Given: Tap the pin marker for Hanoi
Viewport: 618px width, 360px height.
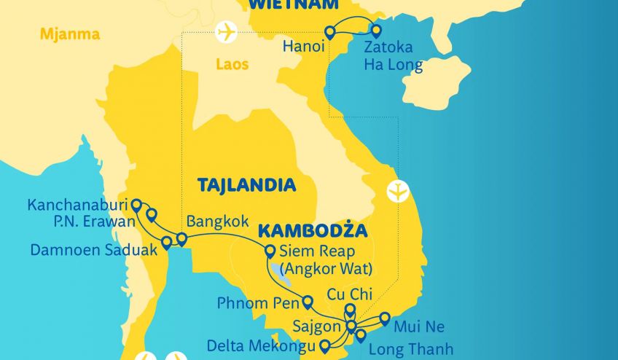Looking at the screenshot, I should [x=329, y=32].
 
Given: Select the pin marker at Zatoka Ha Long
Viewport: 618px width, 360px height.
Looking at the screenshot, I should [x=376, y=31].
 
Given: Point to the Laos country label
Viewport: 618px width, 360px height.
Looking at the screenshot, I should [x=232, y=64].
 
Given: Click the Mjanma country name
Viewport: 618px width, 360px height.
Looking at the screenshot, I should [x=70, y=34].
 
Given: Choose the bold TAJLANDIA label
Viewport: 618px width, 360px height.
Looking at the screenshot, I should [x=246, y=185].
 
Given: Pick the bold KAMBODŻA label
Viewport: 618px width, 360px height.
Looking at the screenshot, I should [x=312, y=231].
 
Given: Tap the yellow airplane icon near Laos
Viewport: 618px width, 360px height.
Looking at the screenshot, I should [x=227, y=33].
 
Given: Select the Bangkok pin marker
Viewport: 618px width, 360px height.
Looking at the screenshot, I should [x=181, y=239].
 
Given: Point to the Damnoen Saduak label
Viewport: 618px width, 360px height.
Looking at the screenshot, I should [x=93, y=250].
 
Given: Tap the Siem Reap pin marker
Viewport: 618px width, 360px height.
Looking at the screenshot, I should [x=270, y=252].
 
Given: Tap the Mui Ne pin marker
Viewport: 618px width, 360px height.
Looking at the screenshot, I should [x=384, y=319].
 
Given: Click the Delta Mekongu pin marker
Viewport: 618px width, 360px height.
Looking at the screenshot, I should [x=324, y=345].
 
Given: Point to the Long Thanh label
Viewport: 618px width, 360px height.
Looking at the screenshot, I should [x=410, y=350].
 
